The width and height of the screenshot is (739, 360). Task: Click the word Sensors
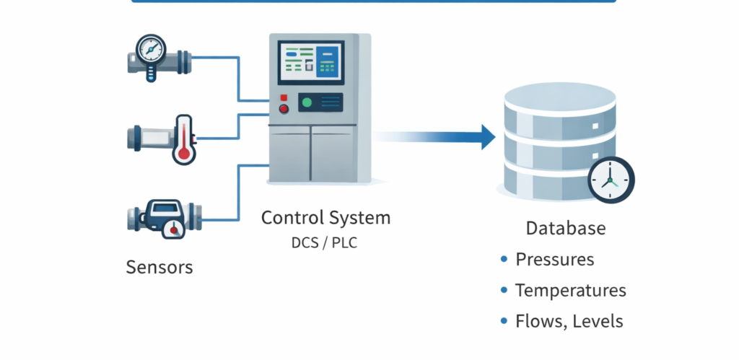[159, 267]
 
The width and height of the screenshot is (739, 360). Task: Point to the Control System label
[325, 217]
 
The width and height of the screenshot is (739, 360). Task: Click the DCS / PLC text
[324, 243]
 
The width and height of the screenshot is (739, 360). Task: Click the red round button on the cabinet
[284, 110]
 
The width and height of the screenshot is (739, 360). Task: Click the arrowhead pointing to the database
[487, 136]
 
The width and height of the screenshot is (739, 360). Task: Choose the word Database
[565, 229]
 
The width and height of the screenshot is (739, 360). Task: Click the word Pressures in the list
[554, 260]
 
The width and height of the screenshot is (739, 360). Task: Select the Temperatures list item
[570, 291]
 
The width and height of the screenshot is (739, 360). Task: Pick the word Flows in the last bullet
[538, 321]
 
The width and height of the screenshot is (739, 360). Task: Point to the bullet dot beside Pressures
[504, 260]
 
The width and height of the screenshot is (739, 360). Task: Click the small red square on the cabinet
[284, 97]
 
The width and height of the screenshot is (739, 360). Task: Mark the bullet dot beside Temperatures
[504, 291]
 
